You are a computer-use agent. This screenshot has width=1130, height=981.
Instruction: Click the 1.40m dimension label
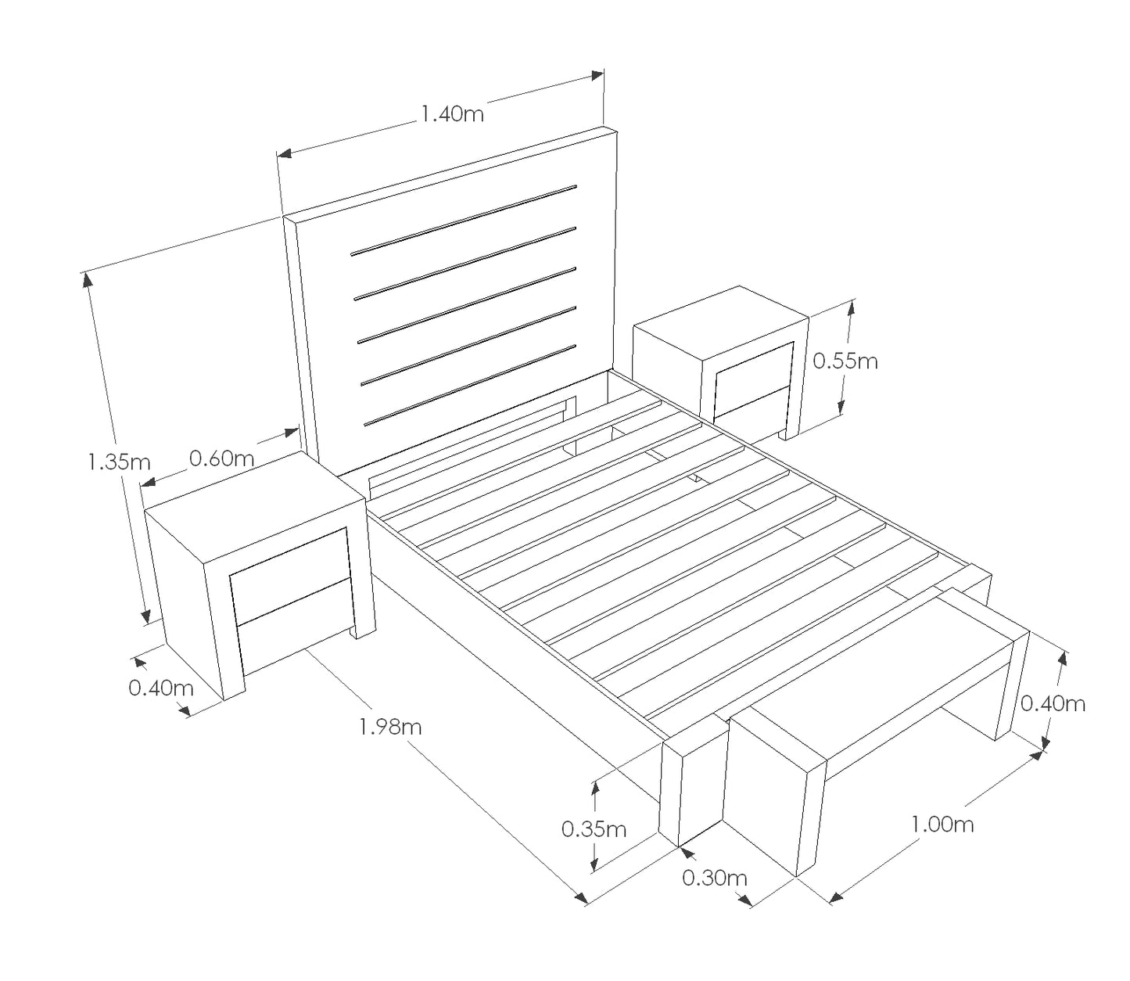(x=452, y=114)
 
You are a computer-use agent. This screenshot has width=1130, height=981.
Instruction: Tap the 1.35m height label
(x=119, y=462)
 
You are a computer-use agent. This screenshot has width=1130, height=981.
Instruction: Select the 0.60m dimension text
(x=221, y=458)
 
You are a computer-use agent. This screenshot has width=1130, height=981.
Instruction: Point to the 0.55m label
(x=845, y=361)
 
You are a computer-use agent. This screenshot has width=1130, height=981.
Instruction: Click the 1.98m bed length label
(x=390, y=727)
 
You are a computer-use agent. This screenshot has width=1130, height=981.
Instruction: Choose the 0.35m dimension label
(x=594, y=829)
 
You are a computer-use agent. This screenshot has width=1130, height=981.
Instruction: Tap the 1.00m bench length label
(x=942, y=825)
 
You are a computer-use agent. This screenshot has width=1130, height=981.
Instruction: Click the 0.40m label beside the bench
(x=1053, y=703)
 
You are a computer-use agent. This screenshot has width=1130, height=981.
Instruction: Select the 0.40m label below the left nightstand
(x=161, y=688)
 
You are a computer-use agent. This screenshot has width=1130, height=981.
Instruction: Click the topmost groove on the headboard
(x=464, y=221)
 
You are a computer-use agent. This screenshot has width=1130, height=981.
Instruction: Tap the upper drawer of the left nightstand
(x=291, y=574)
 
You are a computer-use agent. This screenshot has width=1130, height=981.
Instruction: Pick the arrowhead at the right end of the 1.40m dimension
(x=597, y=76)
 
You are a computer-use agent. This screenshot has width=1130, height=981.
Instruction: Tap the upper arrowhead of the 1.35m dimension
(x=88, y=280)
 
